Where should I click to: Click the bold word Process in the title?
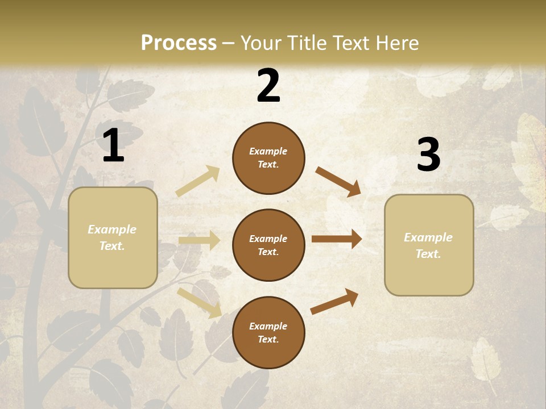click(179, 43)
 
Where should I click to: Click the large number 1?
click(113, 145)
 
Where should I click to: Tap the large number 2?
click(268, 86)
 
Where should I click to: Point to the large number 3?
click(428, 155)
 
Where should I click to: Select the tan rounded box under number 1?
click(113, 237)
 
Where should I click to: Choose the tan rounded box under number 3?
click(429, 245)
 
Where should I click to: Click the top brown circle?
click(268, 158)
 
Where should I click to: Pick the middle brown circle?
click(268, 245)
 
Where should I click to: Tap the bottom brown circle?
click(268, 332)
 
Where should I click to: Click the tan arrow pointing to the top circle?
click(198, 181)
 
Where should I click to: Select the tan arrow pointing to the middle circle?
click(199, 240)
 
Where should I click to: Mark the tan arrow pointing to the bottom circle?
click(199, 303)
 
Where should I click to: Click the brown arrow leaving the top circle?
click(338, 182)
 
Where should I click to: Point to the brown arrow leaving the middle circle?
click(337, 239)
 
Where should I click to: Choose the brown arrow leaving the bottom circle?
click(335, 301)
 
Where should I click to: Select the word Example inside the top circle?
click(268, 151)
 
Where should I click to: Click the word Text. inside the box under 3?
click(428, 254)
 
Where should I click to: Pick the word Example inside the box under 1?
click(112, 229)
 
